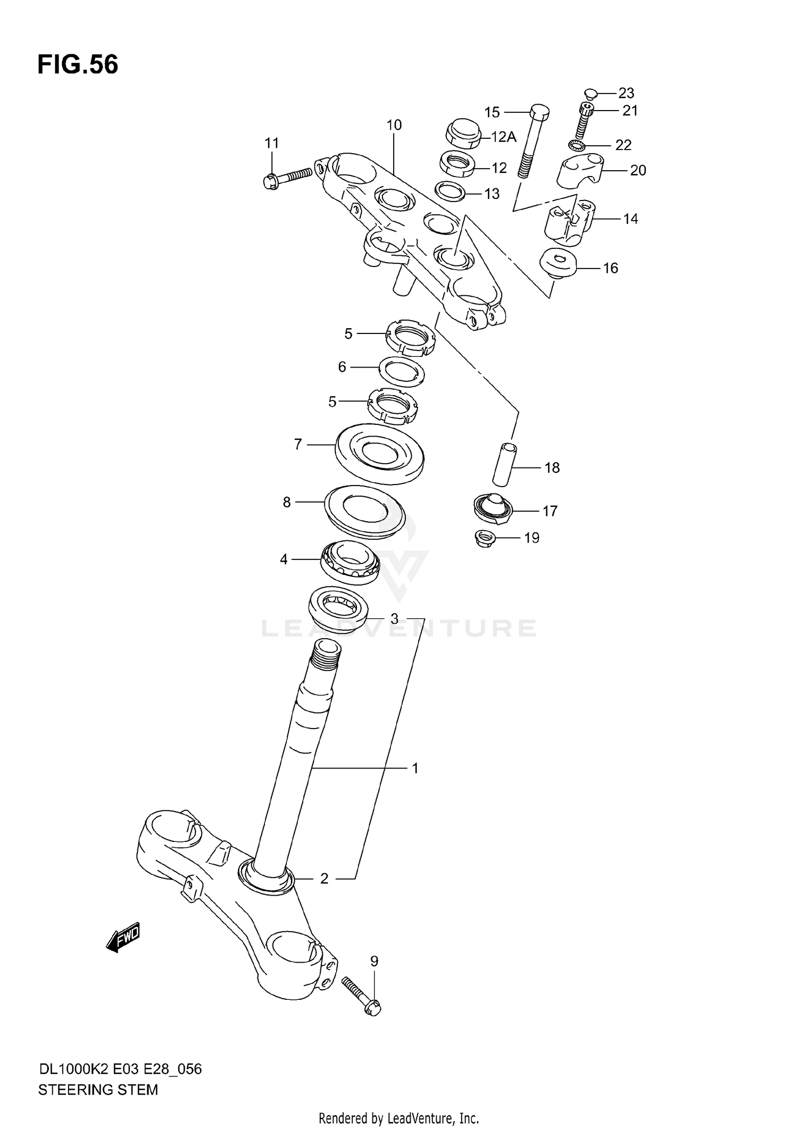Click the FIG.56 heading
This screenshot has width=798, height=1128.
click(x=78, y=65)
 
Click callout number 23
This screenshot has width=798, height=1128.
click(x=626, y=93)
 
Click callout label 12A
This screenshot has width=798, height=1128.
click(x=503, y=137)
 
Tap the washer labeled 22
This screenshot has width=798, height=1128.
click(x=576, y=144)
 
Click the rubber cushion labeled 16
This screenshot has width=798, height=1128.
click(x=559, y=264)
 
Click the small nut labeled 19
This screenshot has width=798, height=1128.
click(x=485, y=538)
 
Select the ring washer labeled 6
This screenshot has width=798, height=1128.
click(x=402, y=371)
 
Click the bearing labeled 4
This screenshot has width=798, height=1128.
click(x=350, y=563)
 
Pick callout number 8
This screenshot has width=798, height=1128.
click(x=287, y=502)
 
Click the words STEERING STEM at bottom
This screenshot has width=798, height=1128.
click(x=98, y=1090)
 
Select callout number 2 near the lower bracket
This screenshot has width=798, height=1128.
click(x=324, y=879)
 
